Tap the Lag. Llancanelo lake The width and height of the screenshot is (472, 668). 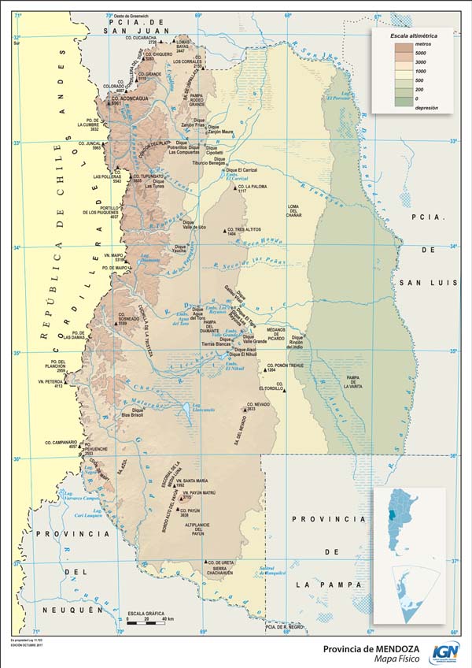(203, 407)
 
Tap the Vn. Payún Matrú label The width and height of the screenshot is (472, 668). (198, 493)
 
